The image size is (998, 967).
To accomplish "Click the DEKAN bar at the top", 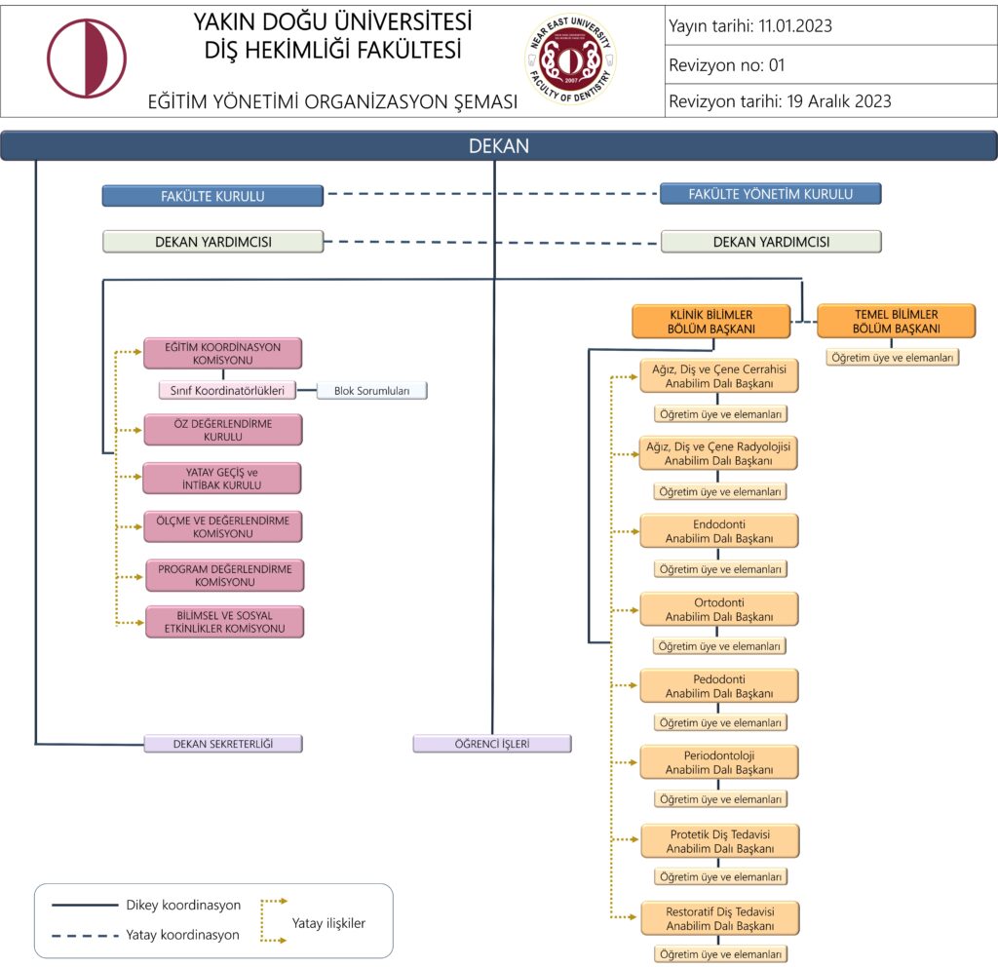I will point(498,146).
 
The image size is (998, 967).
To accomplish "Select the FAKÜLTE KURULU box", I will point(212,196).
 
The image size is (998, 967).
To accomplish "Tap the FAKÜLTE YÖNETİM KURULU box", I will point(770,194).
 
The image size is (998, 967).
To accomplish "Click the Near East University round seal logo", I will point(570,58).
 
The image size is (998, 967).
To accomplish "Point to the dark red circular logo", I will point(87,58).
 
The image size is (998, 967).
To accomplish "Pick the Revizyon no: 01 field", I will point(726,65).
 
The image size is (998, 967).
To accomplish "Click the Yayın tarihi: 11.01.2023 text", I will point(750,26).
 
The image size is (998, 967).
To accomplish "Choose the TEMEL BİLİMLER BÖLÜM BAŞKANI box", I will point(895,322).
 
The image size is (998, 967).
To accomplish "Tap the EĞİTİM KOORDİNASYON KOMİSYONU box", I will point(222,353).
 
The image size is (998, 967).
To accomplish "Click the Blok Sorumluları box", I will point(372,391).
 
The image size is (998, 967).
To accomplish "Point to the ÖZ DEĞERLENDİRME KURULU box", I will point(222,430).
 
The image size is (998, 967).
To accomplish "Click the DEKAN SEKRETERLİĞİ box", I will point(222,744).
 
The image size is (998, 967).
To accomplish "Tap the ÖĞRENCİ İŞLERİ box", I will point(492,744).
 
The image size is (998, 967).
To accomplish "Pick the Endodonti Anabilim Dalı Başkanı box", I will point(719,531).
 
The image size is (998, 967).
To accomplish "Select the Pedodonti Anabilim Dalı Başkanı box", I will point(719,685).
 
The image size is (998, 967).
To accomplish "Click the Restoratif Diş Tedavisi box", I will point(719,918).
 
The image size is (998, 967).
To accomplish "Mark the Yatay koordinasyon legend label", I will point(182,935).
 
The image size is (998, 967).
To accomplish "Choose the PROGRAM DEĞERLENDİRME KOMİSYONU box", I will point(224,575).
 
